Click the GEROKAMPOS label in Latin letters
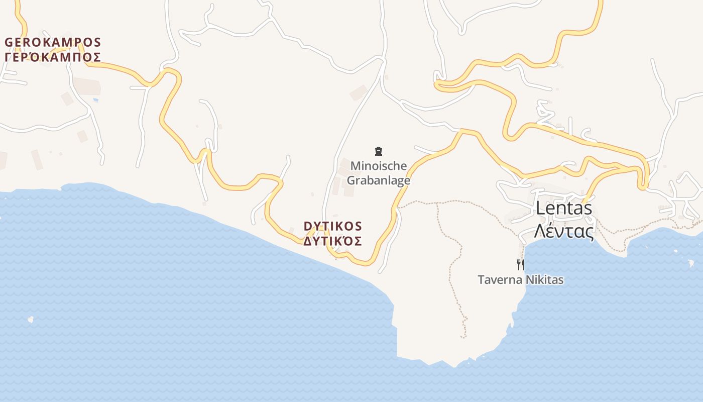[x=53, y=42]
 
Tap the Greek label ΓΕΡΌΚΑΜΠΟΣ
[x=53, y=57]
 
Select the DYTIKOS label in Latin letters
[x=332, y=226]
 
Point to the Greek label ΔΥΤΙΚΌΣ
[x=332, y=241]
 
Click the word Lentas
[x=564, y=208]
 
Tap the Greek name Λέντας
[x=564, y=231]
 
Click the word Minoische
[x=379, y=166]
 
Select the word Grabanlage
[x=379, y=180]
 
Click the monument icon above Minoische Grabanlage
[x=379, y=151]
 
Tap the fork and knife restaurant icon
[x=521, y=264]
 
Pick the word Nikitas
[x=543, y=280]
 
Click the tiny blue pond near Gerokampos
[x=95, y=100]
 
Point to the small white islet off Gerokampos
[x=31, y=319]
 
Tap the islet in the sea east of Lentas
[x=691, y=263]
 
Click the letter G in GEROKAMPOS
[x=9, y=42]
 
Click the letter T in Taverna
[x=481, y=280]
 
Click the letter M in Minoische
[x=356, y=166]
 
